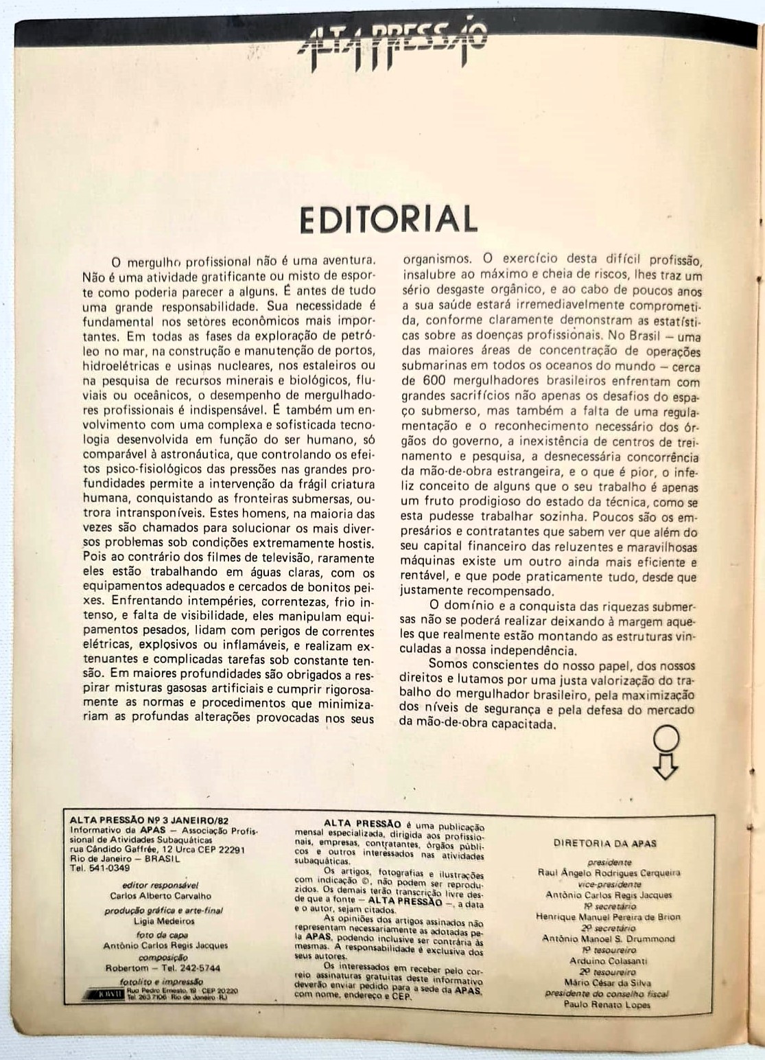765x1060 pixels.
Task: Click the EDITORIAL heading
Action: tap(388, 219)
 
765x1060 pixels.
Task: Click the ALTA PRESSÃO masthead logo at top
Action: tap(393, 45)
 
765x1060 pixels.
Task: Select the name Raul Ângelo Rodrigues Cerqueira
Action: tap(610, 873)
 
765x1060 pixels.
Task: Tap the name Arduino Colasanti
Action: tap(609, 961)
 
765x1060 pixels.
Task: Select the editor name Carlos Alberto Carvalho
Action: tap(161, 895)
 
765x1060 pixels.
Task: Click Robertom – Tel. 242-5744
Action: tap(163, 968)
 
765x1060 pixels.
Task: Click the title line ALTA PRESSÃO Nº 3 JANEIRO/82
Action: tap(150, 818)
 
